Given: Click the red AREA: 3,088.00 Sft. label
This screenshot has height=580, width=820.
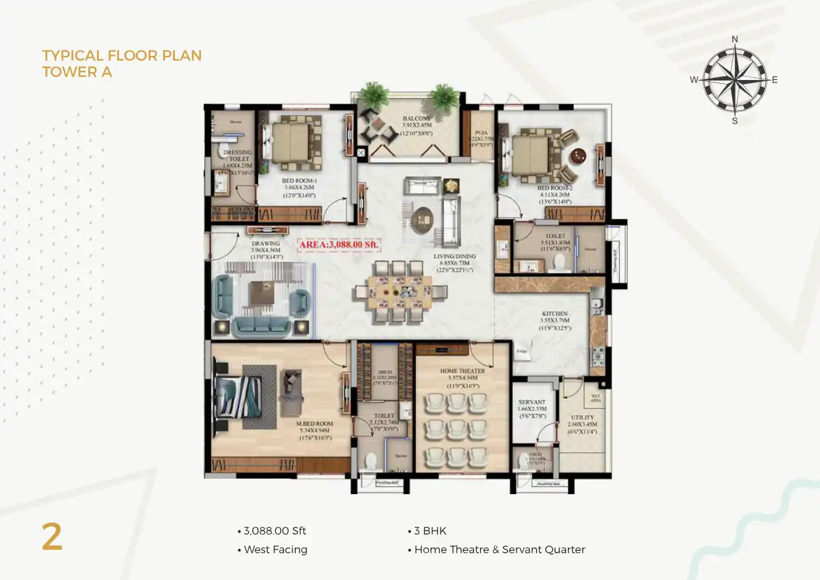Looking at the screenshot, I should coord(339,245).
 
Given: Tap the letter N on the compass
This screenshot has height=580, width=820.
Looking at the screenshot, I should coord(735,39).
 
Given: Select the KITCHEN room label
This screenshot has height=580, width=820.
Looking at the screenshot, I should coord(555,313).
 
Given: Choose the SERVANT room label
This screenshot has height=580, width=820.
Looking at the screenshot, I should coord(532,402).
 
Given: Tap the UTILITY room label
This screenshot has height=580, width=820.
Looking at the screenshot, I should coord(582,417).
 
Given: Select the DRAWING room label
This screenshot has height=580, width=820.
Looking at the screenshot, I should coord(265,244).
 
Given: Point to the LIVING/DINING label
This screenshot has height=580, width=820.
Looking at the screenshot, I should coord(455,256).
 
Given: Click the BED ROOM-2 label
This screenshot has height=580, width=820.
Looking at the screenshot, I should coord(554,189).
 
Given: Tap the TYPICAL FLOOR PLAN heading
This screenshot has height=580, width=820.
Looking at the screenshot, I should coord(122,55).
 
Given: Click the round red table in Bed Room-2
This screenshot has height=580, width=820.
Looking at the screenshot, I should coord(578,156).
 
